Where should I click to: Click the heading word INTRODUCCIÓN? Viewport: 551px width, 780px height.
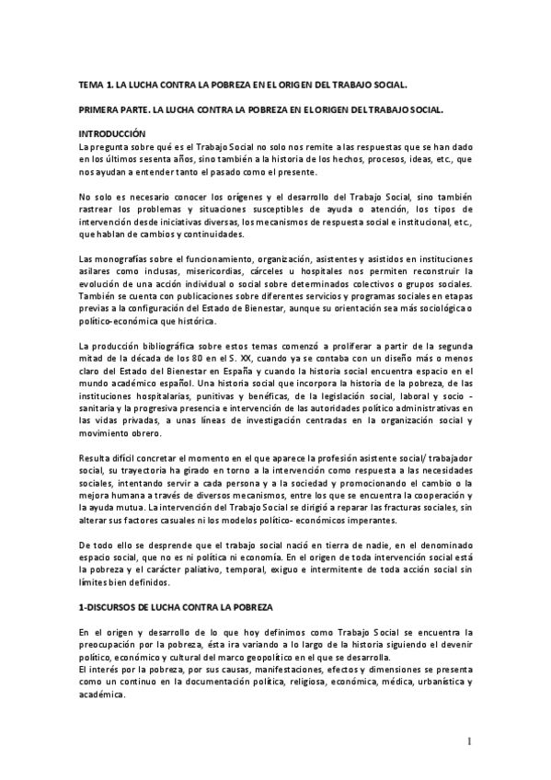(112, 132)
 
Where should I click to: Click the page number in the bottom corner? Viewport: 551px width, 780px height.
(468, 740)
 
